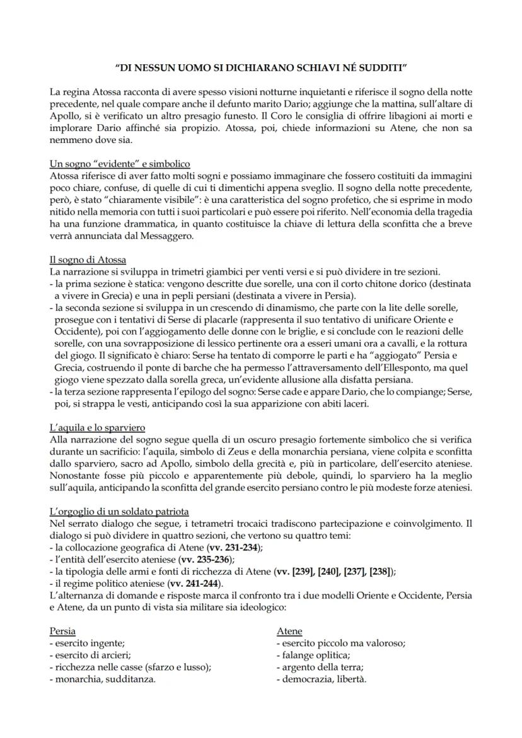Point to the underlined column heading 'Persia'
coord(63,631)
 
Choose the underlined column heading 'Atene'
coord(289,631)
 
